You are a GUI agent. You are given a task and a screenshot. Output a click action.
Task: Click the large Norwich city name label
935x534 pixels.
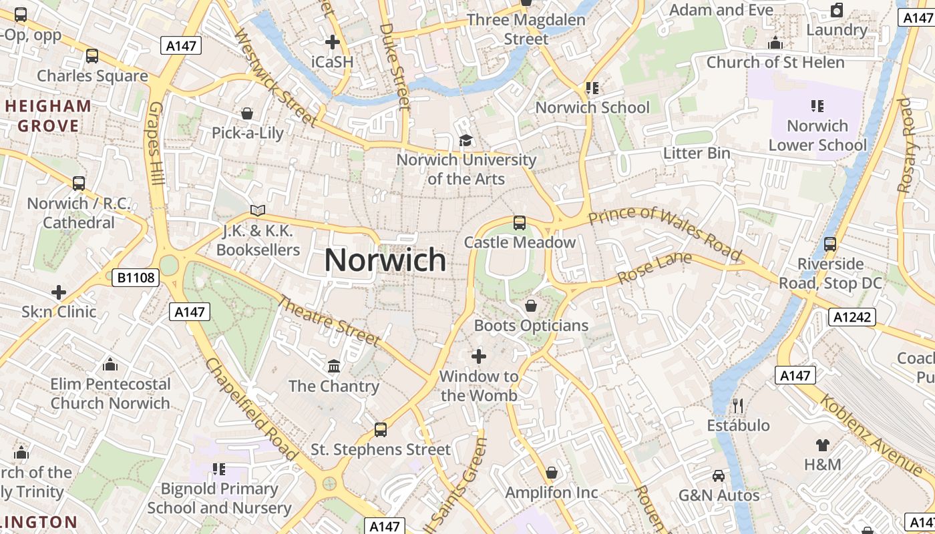click(x=385, y=260)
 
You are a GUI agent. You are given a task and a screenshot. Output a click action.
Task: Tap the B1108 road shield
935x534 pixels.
click(x=136, y=278)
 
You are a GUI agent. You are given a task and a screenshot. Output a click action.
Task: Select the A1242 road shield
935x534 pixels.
click(x=852, y=316)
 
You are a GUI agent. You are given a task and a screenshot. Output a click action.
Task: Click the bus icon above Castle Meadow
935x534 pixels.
click(x=520, y=223)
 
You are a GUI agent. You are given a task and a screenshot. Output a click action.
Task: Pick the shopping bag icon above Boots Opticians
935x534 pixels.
click(x=531, y=306)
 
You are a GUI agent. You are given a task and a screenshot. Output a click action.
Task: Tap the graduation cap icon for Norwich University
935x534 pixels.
click(x=465, y=140)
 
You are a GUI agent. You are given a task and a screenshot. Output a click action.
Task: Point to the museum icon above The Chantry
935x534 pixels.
click(x=334, y=366)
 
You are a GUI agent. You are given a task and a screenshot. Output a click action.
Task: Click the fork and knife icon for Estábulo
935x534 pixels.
click(x=738, y=405)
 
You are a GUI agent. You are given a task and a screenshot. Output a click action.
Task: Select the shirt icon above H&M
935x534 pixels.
click(x=822, y=445)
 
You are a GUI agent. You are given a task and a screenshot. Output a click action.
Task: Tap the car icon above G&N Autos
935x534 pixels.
click(x=719, y=475)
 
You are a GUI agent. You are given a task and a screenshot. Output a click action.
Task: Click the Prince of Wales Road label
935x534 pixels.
click(x=665, y=232)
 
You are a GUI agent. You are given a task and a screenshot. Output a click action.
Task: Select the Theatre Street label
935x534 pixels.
click(x=329, y=321)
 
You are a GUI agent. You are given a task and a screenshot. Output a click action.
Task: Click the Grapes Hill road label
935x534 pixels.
click(x=157, y=144)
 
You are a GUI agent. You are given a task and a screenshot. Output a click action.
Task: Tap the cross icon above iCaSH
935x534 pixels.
click(x=332, y=42)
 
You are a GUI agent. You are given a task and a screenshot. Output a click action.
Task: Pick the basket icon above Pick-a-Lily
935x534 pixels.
click(x=247, y=113)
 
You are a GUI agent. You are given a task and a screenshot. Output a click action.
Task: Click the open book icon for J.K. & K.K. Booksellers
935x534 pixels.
click(x=258, y=211)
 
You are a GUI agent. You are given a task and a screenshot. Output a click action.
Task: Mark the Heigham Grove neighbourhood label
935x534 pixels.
click(x=48, y=115)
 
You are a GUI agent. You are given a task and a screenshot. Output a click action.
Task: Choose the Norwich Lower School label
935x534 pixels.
click(x=817, y=135)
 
